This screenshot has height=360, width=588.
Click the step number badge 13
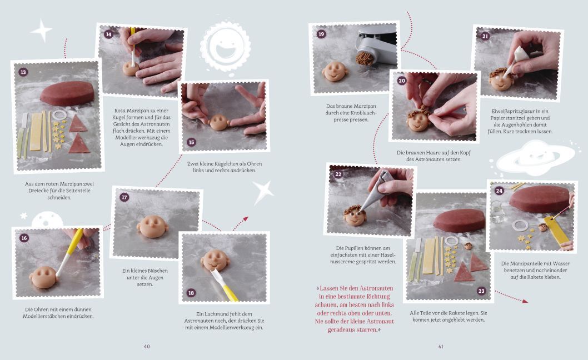tap(23, 72)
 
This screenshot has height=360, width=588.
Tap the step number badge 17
tap(124, 197)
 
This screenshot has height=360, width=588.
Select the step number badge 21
tap(485, 36)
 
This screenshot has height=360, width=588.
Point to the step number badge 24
tap(499, 191)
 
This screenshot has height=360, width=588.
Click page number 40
tap(147, 347)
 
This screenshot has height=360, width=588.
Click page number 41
tap(441, 347)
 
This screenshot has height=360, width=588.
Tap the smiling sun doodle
tap(225, 47)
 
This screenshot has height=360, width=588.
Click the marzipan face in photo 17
tap(152, 226)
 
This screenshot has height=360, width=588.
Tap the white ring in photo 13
tap(59, 115)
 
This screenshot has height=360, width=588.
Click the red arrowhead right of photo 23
tap(525, 301)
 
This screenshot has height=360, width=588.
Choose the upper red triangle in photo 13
tap(78, 124)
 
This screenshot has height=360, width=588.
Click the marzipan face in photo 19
tap(335, 71)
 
